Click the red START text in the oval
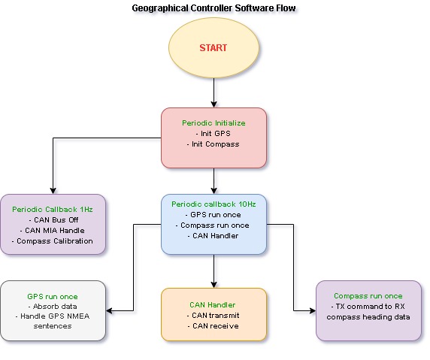pyautogui.click(x=213, y=48)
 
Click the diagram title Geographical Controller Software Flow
pyautogui.click(x=214, y=8)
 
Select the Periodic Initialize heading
pyautogui.click(x=213, y=123)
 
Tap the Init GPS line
pyautogui.click(x=213, y=134)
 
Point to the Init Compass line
pyautogui.click(x=213, y=144)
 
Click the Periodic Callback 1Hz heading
pyautogui.click(x=53, y=210)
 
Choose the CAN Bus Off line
pyautogui.click(x=54, y=220)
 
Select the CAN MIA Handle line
pyautogui.click(x=53, y=231)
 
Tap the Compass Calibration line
pyautogui.click(x=53, y=241)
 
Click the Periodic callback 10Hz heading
pyautogui.click(x=213, y=204)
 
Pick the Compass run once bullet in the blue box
pyautogui.click(x=213, y=225)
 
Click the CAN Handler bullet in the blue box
pyautogui.click(x=213, y=236)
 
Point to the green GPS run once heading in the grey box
pyautogui.click(x=53, y=297)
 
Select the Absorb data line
pyautogui.click(x=53, y=307)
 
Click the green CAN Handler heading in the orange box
pyautogui.click(x=213, y=305)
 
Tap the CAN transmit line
pyautogui.click(x=213, y=316)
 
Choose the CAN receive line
pyautogui.click(x=213, y=326)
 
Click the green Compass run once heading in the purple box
pyautogui.click(x=368, y=296)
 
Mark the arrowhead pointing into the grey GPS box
pyautogui.click(x=109, y=311)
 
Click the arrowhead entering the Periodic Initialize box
pyautogui.click(x=214, y=104)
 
